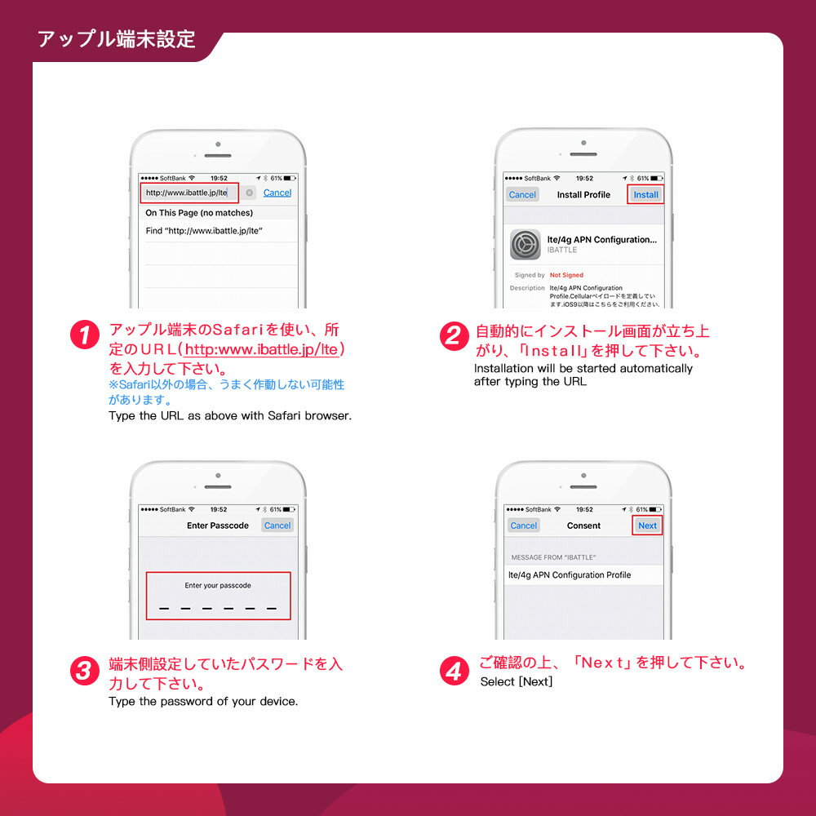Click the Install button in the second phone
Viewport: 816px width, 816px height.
pos(645,195)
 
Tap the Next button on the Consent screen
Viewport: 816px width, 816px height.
pos(647,526)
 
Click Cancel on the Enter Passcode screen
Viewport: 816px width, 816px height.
pos(277,526)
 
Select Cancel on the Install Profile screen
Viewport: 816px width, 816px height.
pos(522,195)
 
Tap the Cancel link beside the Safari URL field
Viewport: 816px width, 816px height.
pos(277,193)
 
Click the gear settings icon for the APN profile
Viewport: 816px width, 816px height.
pos(526,244)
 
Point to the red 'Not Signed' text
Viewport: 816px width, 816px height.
pos(566,275)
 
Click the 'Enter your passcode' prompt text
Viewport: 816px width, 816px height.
pos(218,585)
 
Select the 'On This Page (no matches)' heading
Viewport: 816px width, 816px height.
pos(199,213)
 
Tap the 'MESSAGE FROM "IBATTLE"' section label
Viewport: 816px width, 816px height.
pos(553,557)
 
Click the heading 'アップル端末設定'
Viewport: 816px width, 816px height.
pos(117,39)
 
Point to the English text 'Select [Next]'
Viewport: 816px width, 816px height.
pos(516,681)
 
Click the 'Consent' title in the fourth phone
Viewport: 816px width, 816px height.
pos(583,526)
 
